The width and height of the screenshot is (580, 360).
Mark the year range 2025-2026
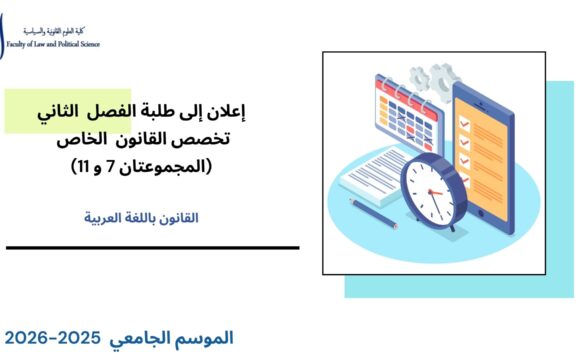pyautogui.click(x=61, y=338)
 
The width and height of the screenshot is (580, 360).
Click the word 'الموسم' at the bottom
pyautogui.click(x=209, y=338)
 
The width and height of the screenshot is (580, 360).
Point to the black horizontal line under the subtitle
pyautogui.click(x=150, y=247)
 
